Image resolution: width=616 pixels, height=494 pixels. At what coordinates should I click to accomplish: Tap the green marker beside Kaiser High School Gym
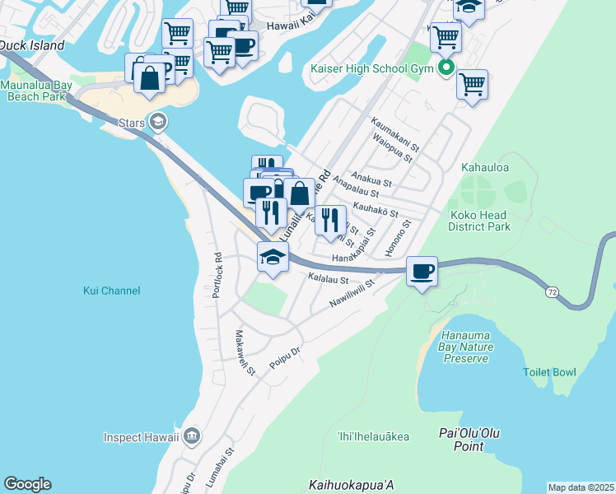coord(446,68)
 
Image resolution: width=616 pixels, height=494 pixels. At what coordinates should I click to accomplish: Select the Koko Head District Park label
coord(480,221)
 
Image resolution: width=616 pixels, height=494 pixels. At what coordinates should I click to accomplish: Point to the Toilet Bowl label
coord(549,372)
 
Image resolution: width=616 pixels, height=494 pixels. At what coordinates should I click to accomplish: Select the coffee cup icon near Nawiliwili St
coord(422,271)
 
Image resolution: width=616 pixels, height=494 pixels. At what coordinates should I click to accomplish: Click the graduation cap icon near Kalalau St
coord(273,257)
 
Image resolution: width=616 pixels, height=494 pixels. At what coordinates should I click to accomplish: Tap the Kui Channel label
coord(112,291)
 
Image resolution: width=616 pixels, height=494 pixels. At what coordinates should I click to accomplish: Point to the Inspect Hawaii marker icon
coord(192,436)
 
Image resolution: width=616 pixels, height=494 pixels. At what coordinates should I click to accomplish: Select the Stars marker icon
coord(158,123)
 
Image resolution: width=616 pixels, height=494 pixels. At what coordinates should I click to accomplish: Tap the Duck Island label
coord(31,46)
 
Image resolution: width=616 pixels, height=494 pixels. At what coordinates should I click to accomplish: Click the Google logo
coord(27,484)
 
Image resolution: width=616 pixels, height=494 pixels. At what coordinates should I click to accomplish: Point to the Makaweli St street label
coord(245,352)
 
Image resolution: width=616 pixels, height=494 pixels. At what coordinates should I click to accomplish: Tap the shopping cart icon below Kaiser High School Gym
coord(472,84)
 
